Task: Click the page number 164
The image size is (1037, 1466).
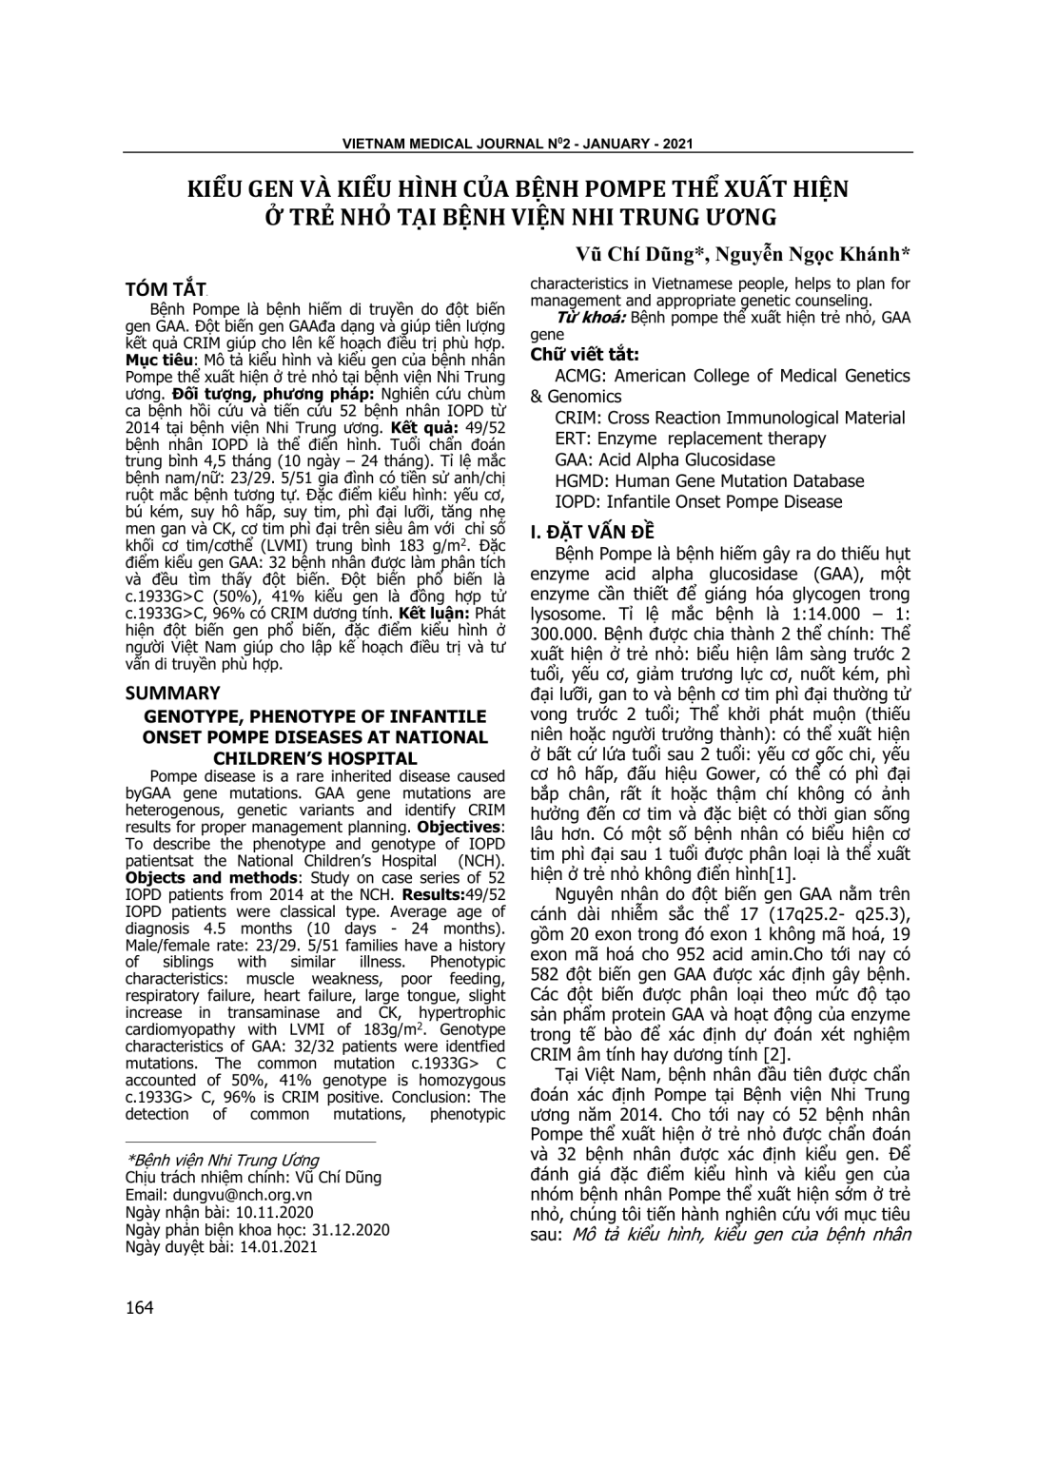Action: [139, 1307]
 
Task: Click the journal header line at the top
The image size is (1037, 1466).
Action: [518, 144]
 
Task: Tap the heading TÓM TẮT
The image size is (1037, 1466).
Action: [166, 289]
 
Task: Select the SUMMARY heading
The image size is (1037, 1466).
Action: [172, 693]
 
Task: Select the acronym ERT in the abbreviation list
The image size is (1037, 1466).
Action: [571, 439]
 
